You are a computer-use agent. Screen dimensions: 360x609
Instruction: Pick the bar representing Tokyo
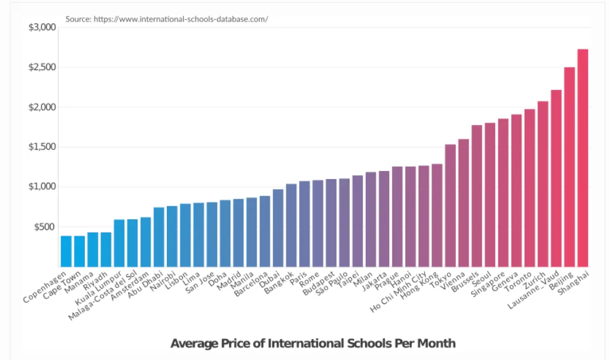(450, 206)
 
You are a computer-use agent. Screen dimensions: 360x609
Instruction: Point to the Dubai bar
(278, 228)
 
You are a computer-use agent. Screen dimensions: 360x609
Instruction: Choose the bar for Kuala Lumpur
(119, 243)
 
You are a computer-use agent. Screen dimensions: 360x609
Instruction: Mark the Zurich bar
(542, 184)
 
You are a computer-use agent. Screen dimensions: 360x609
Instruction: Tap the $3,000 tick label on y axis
(42, 28)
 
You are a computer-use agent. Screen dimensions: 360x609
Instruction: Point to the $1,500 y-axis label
(42, 147)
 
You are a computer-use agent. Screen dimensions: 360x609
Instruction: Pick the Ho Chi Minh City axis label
(398, 291)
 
